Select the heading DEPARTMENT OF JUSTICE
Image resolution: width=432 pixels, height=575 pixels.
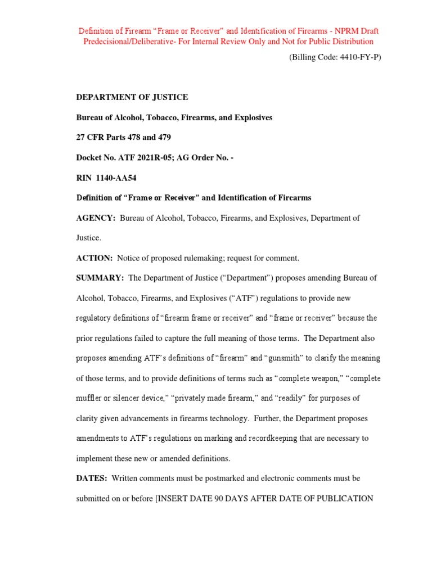[x=132, y=97]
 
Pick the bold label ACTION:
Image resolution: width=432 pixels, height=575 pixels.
[x=94, y=258]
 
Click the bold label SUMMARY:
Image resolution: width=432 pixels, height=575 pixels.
[x=100, y=278]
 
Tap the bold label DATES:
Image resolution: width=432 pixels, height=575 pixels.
[x=92, y=478]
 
